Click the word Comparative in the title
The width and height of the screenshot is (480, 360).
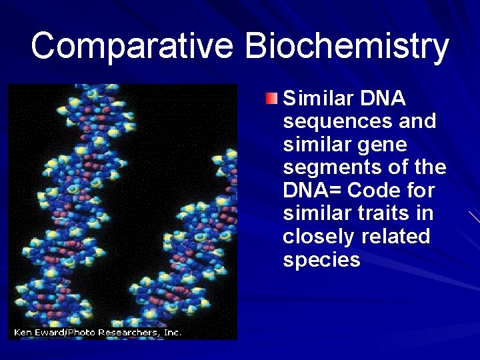pyautogui.click(x=132, y=46)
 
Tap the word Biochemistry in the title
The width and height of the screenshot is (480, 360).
pyautogui.click(x=347, y=46)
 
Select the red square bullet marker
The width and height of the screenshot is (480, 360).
pyautogui.click(x=270, y=99)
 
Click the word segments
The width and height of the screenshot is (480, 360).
pyautogui.click(x=329, y=168)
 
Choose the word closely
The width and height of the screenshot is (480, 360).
pyautogui.click(x=319, y=237)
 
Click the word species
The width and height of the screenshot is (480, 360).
pyautogui.click(x=321, y=260)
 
